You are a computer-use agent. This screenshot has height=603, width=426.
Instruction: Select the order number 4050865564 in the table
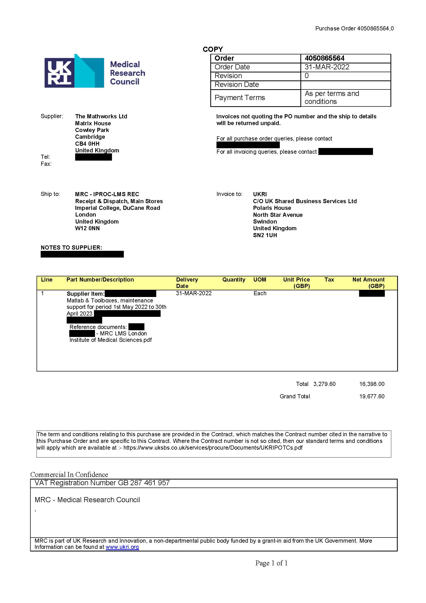324,58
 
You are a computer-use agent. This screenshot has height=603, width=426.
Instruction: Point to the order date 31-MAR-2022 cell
327,67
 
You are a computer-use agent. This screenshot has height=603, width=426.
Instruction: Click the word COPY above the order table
212,49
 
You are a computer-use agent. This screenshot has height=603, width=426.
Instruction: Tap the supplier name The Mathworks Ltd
101,116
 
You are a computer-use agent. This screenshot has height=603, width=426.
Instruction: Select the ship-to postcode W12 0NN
87,228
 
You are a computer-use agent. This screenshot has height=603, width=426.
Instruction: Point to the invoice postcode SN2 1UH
265,235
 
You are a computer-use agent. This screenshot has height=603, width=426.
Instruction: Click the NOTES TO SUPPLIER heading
71,247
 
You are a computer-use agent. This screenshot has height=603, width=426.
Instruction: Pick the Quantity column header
233,279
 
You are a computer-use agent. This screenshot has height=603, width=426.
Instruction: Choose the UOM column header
259,279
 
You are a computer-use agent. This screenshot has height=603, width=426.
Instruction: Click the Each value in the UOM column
260,293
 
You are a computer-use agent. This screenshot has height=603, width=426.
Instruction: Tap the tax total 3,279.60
324,384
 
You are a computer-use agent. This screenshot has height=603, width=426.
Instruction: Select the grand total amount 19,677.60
371,396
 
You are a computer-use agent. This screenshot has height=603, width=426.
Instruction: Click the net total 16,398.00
371,384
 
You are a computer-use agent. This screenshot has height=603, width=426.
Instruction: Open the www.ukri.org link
122,547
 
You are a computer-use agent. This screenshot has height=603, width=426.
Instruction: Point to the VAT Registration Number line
102,483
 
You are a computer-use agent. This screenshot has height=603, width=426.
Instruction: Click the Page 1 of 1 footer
271,563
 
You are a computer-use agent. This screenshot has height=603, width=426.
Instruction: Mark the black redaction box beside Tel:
93,157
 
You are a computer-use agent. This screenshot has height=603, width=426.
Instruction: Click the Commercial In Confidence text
69,475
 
